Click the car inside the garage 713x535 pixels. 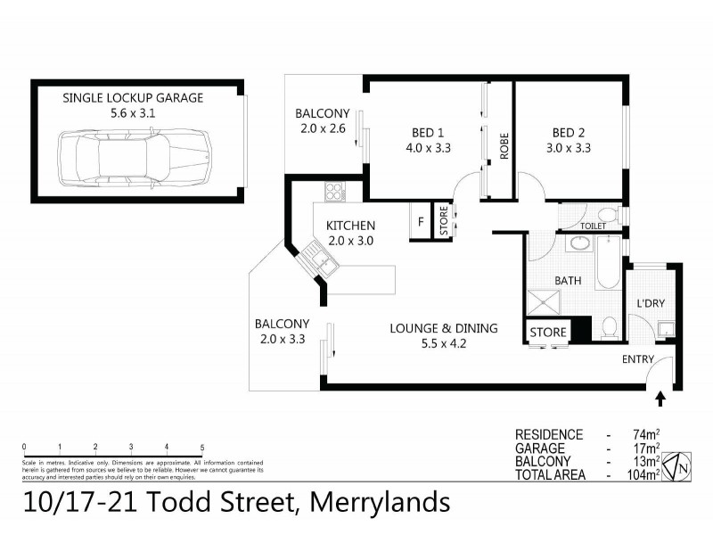[134, 156]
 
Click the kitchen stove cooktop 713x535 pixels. [336, 191]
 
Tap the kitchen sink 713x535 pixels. [318, 259]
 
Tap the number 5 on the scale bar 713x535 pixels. [202, 447]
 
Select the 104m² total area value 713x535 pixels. [644, 475]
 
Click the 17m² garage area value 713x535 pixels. [646, 449]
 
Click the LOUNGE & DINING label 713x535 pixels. [443, 328]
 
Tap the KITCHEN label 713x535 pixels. [350, 226]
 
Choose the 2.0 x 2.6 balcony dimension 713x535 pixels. [323, 128]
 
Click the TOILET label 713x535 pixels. [593, 226]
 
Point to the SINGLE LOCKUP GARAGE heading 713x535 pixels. [133, 97]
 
